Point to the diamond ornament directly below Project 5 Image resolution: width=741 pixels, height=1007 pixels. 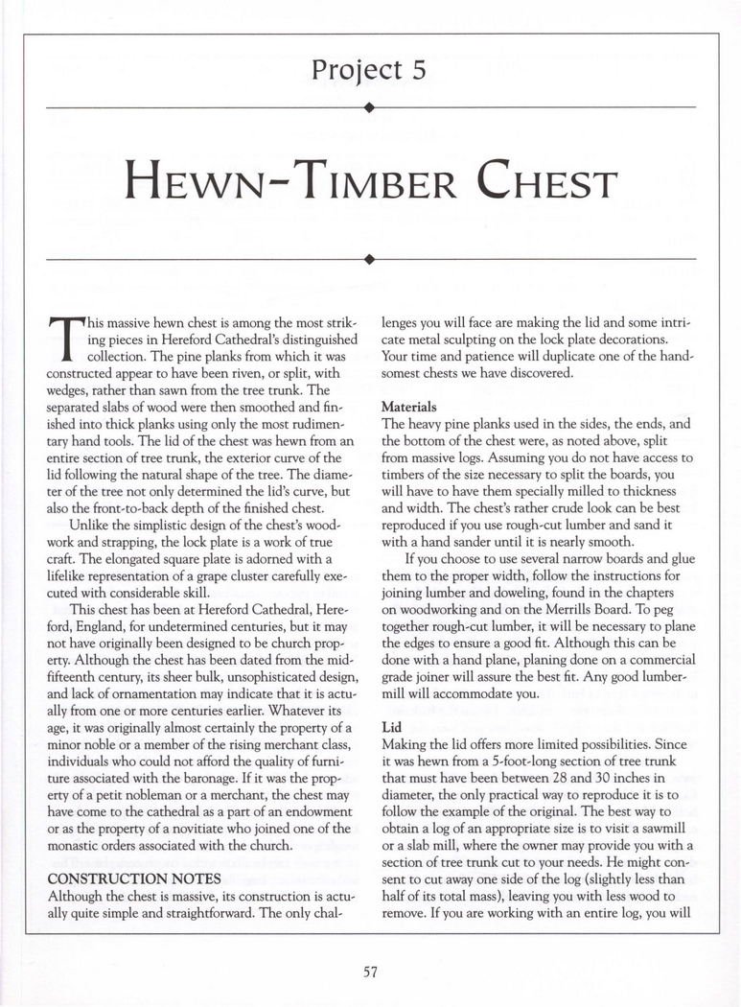click(x=370, y=107)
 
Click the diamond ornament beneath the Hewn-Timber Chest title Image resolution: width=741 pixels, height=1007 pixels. click(x=370, y=258)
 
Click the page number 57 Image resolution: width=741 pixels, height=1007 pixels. click(x=370, y=971)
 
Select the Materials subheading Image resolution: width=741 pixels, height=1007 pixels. click(x=409, y=406)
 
